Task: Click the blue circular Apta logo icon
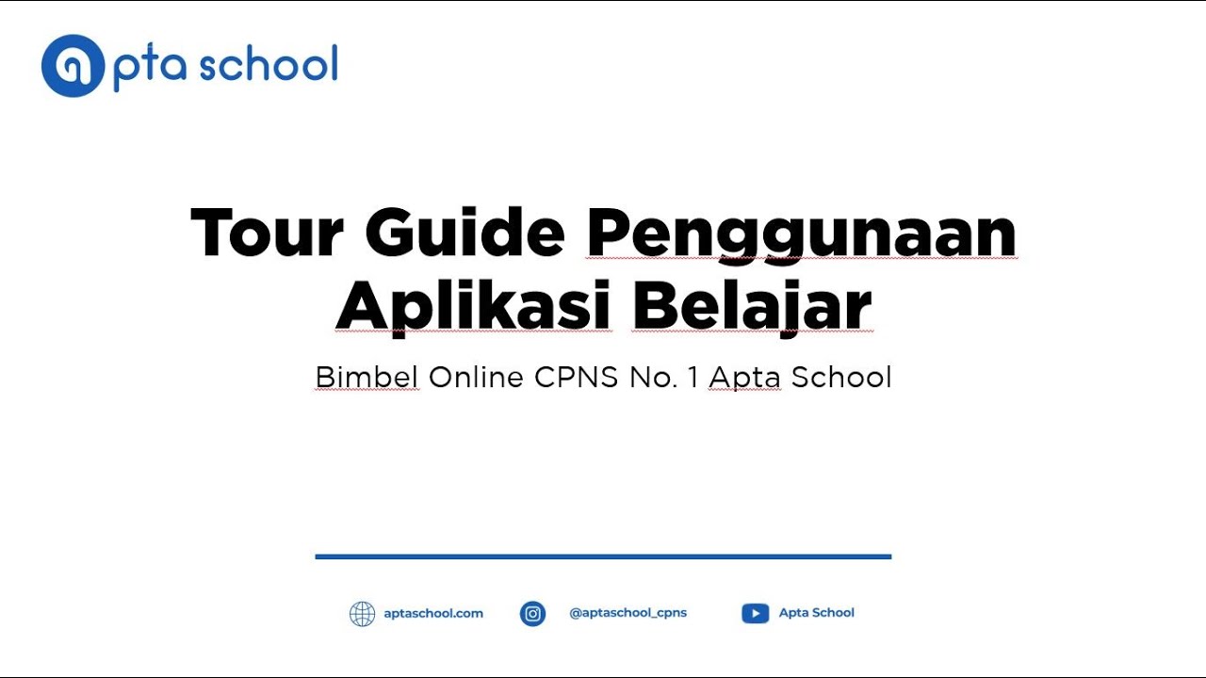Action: [x=72, y=66]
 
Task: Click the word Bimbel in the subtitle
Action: [x=367, y=378]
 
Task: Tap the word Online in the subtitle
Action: [x=476, y=378]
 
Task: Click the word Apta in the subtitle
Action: [x=745, y=379]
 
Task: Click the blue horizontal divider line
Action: [x=603, y=557]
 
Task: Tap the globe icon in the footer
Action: [x=362, y=614]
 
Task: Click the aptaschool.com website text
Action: [x=433, y=613]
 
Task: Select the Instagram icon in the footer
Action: [x=533, y=614]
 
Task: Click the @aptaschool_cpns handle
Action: [x=628, y=613]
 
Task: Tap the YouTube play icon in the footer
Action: [x=755, y=614]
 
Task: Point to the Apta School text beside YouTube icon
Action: [x=816, y=613]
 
